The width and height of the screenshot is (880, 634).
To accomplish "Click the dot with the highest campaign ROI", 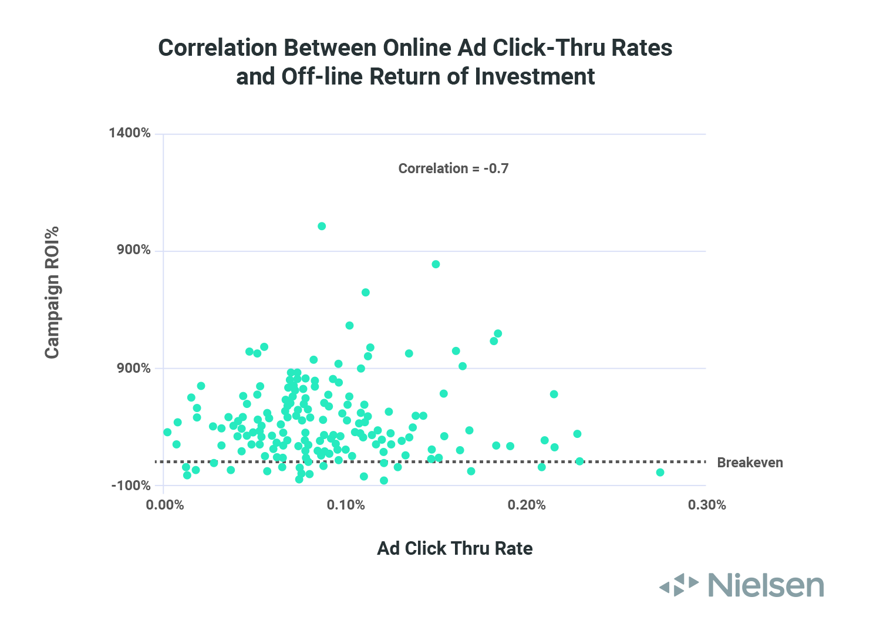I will pyautogui.click(x=322, y=226).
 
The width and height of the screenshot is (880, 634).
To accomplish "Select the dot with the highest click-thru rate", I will pyautogui.click(x=660, y=472).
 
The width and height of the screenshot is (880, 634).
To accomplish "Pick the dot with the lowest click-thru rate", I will pyautogui.click(x=167, y=432).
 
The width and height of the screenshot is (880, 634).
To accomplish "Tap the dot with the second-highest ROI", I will pyautogui.click(x=436, y=264).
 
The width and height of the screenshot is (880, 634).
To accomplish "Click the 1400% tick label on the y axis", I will pyautogui.click(x=130, y=133).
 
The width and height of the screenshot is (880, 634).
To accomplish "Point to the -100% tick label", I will pyautogui.click(x=131, y=486).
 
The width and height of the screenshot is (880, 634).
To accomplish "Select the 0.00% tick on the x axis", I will pyautogui.click(x=164, y=505).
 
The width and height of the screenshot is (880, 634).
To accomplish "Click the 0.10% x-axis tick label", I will pyautogui.click(x=346, y=505).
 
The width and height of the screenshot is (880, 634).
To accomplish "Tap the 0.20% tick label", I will pyautogui.click(x=527, y=505).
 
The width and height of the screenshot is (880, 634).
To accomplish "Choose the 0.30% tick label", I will pyautogui.click(x=707, y=505).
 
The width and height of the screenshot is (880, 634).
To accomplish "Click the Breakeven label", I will pyautogui.click(x=750, y=463).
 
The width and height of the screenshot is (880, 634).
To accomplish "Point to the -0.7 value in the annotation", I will pyautogui.click(x=496, y=168).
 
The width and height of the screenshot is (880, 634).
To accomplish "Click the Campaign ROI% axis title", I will pyautogui.click(x=52, y=292).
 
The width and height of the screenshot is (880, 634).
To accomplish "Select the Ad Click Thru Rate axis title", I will pyautogui.click(x=455, y=548).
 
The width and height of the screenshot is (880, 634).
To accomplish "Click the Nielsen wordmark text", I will pyautogui.click(x=766, y=585).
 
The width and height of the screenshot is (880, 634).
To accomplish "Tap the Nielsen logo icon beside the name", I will pyautogui.click(x=679, y=585).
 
